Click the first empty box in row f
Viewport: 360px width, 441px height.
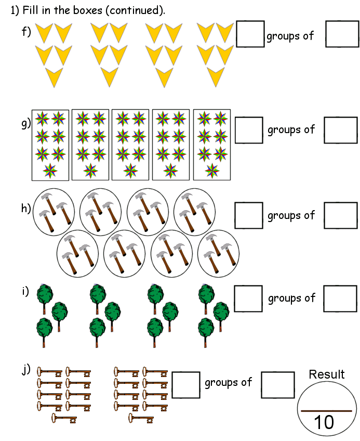tap(250, 34)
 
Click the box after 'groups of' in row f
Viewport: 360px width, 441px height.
tap(342, 34)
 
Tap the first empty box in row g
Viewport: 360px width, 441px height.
tap(249, 129)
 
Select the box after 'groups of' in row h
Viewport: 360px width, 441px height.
tap(341, 215)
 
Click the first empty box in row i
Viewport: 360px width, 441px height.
tap(249, 298)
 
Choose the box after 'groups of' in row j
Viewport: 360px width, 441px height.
tap(278, 385)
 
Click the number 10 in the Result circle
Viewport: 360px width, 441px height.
tap(324, 422)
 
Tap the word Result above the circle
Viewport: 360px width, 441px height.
tap(327, 374)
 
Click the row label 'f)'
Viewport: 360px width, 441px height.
tap(26, 32)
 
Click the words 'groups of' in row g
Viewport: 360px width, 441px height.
tap(291, 129)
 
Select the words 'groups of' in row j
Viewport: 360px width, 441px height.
tap(228, 383)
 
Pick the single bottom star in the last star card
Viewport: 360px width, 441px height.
tap(211, 170)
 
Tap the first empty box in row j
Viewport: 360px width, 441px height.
tap(186, 385)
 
